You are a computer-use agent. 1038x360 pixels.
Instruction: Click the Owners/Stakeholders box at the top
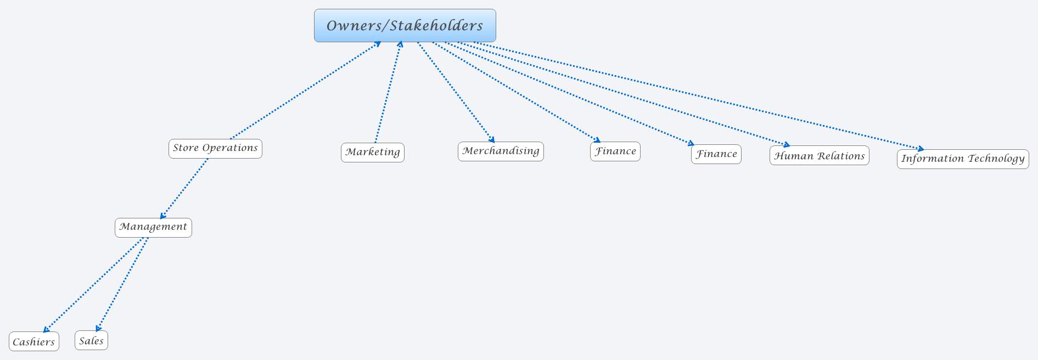[405, 25]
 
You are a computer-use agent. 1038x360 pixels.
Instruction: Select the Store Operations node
[215, 148]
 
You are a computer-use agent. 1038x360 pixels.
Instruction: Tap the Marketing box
[372, 152]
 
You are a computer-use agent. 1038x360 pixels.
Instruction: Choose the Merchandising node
[501, 151]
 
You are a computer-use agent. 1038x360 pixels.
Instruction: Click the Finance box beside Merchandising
[615, 151]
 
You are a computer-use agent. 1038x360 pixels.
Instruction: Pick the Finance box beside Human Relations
[716, 154]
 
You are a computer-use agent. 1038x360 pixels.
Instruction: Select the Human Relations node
[819, 156]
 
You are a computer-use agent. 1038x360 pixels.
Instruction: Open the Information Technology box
[962, 159]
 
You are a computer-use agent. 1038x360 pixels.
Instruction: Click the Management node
[153, 227]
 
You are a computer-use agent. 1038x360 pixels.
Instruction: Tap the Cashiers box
[33, 341]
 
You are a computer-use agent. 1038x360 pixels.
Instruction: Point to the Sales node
[91, 340]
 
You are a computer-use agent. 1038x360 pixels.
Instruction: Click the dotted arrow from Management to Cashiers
[93, 284]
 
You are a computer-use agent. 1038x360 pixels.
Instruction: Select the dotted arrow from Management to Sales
[122, 284]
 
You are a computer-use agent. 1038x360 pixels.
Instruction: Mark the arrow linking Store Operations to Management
[184, 188]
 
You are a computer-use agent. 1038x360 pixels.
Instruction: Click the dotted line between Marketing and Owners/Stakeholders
[388, 92]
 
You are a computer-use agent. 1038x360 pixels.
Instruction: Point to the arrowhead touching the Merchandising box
[492, 139]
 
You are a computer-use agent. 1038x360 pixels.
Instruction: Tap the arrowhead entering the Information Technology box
[921, 148]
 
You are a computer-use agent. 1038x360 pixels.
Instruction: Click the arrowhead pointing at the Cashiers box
[46, 329]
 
